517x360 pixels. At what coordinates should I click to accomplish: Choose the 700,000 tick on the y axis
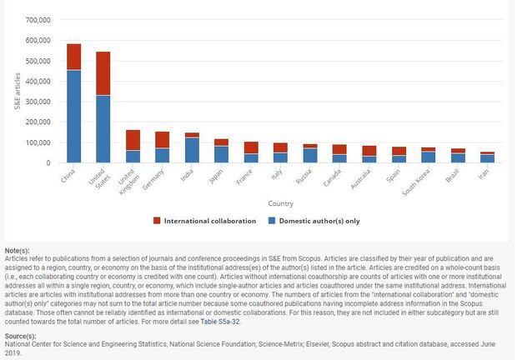(x=37, y=20)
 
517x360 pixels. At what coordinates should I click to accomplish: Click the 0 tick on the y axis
(x=49, y=162)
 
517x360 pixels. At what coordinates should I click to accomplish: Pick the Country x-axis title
(x=280, y=203)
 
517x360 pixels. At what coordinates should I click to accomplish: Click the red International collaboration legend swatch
(x=156, y=222)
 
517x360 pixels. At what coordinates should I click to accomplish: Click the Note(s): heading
(x=17, y=251)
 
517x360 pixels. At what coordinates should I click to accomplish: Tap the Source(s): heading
(x=20, y=335)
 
